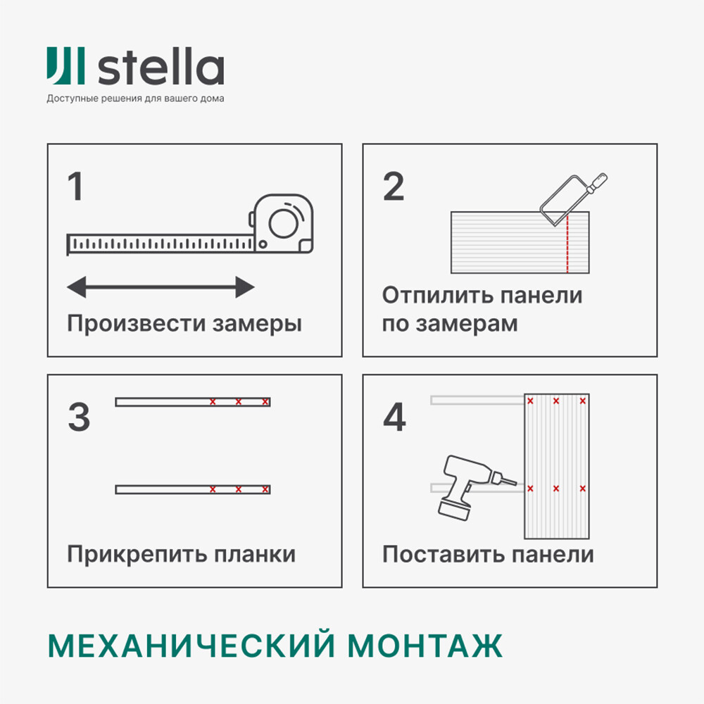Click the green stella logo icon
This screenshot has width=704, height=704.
point(65,65)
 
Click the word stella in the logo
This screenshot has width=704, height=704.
point(161,66)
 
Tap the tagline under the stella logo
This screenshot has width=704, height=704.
point(135,99)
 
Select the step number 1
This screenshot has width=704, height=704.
point(75,186)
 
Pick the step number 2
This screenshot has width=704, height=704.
point(394,186)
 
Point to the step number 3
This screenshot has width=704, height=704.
point(79,417)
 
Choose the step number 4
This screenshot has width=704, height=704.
point(395,417)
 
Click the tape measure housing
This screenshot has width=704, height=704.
point(283,223)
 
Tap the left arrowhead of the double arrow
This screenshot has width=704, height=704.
point(76,287)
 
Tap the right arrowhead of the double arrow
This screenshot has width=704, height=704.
point(245,287)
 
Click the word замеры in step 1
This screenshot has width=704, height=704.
point(257,324)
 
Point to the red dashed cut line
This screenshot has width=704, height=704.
point(567,244)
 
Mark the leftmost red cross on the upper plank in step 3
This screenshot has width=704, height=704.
point(213,402)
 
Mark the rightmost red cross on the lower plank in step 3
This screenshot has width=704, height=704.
point(265,489)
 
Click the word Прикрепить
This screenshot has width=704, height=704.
point(137,555)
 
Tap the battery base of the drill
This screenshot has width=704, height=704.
point(454,510)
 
